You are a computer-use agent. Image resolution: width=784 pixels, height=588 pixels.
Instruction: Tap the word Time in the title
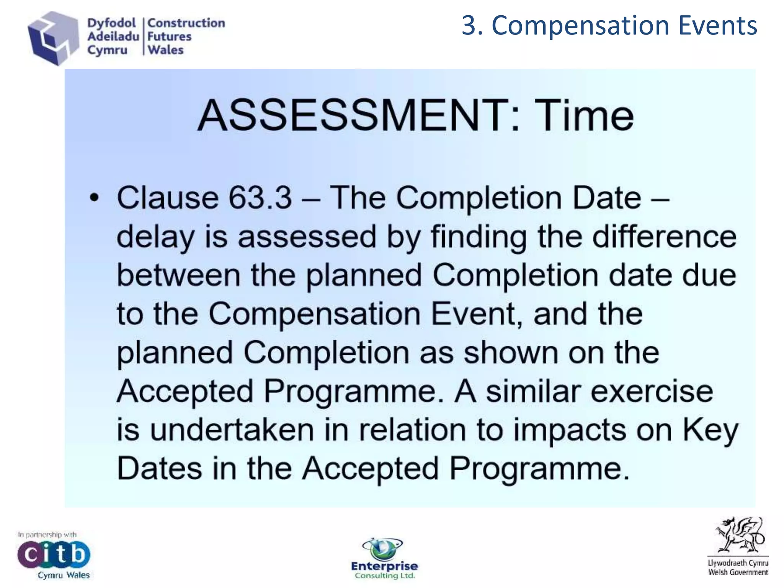(x=584, y=115)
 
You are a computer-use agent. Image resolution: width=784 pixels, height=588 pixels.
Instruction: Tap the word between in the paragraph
(x=178, y=275)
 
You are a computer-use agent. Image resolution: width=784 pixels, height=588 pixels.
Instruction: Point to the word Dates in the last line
(x=159, y=469)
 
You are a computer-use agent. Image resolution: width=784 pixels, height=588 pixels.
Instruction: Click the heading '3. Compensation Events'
(x=609, y=26)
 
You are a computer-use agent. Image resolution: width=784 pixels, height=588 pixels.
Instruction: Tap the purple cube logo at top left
(x=53, y=38)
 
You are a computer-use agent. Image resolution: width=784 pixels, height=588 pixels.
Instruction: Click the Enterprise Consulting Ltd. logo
(x=384, y=559)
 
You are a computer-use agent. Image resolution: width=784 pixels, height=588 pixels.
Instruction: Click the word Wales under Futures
(x=166, y=50)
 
